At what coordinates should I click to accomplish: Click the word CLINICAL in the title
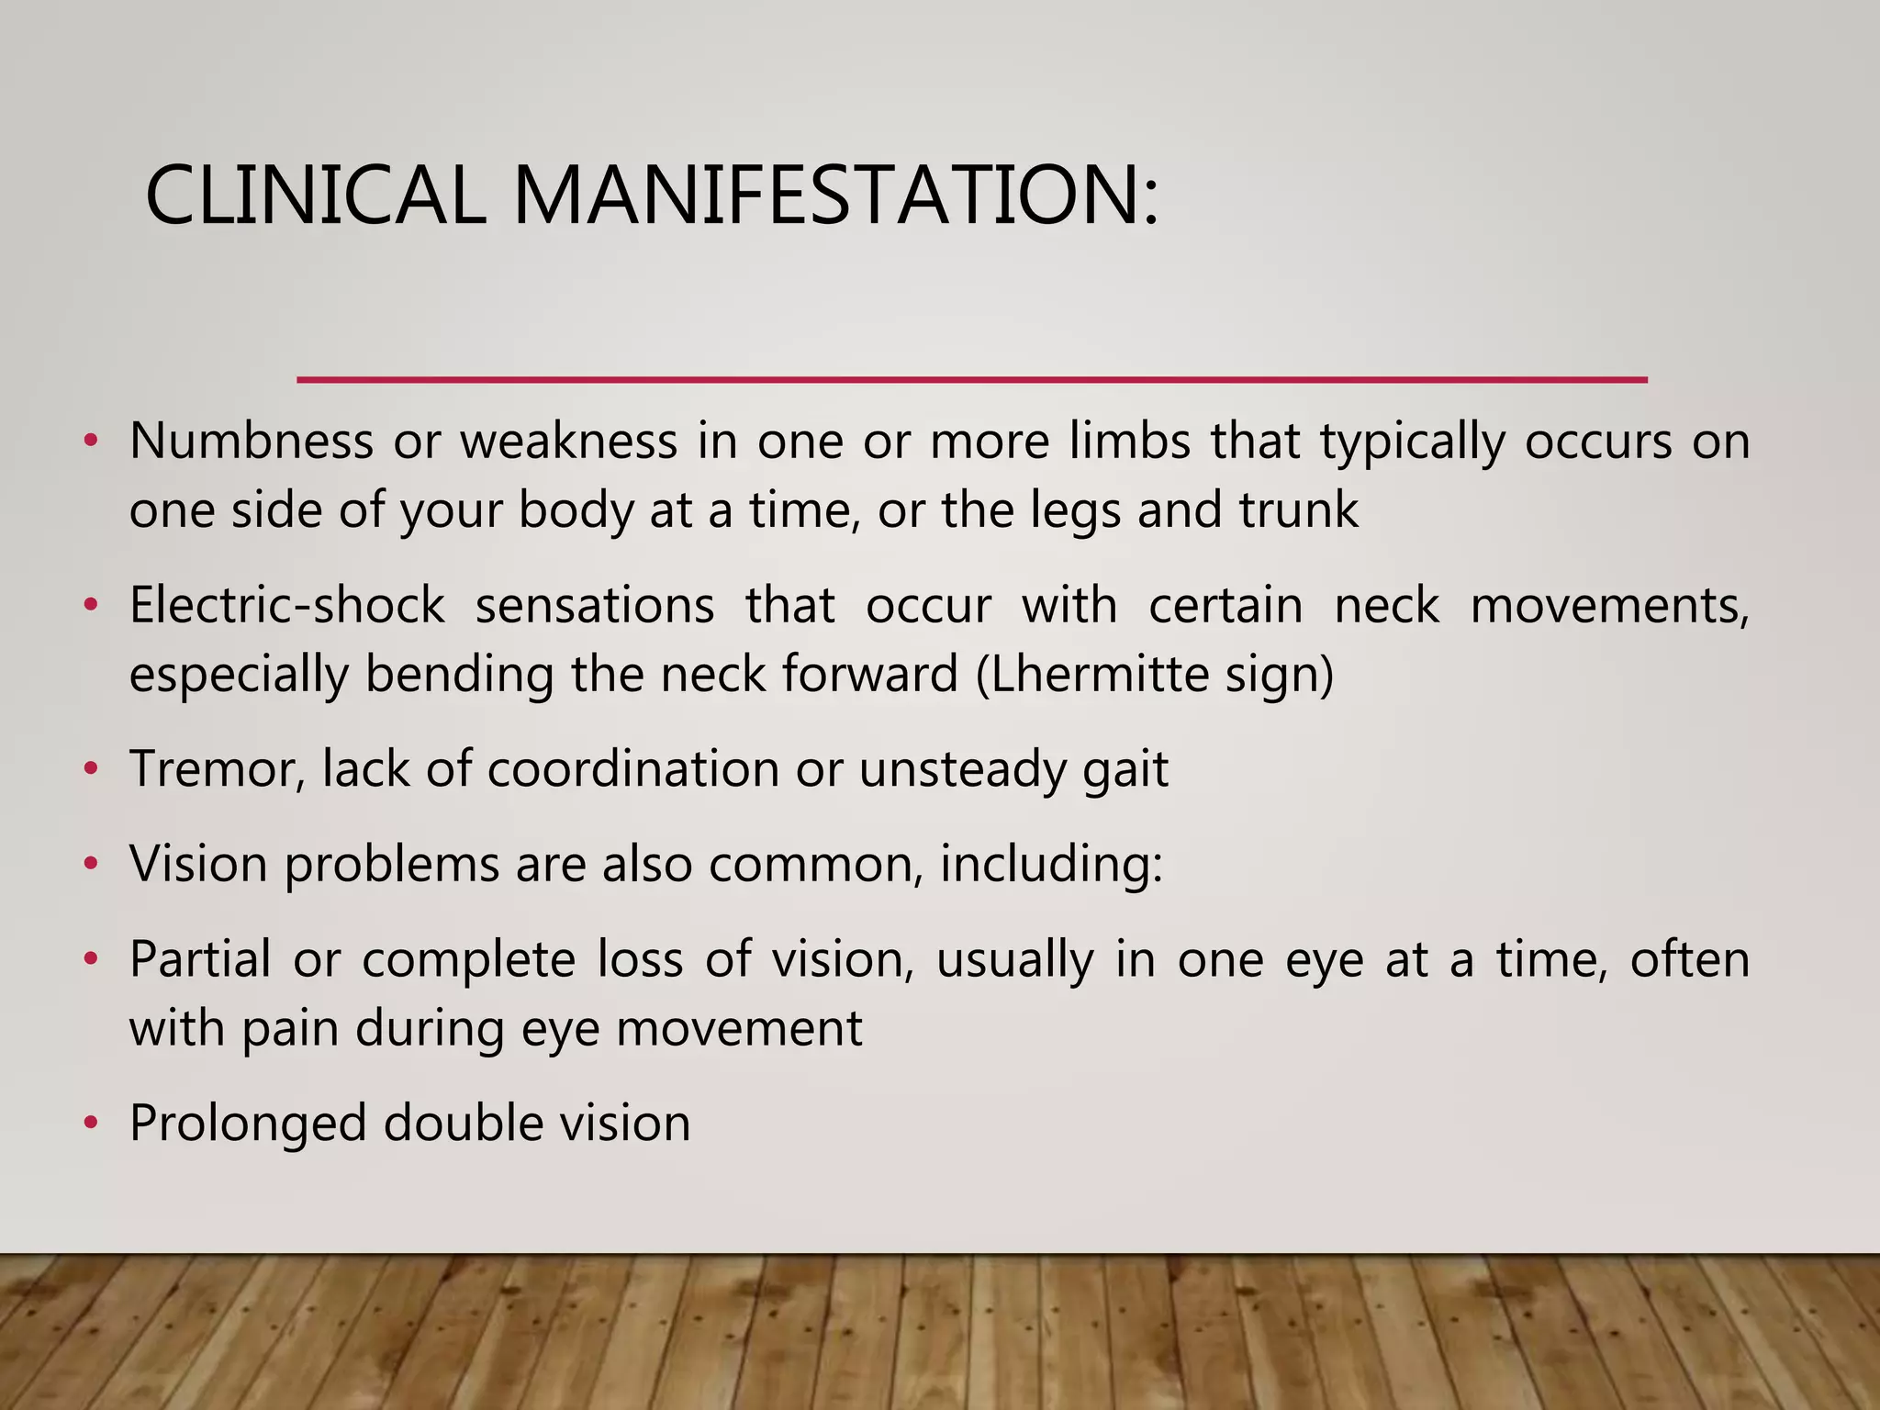click(x=315, y=196)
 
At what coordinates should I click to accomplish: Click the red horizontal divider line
click(x=971, y=379)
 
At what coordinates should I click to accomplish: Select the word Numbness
click(x=251, y=441)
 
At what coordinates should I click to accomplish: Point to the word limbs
click(x=1129, y=441)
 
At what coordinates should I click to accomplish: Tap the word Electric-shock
click(x=286, y=606)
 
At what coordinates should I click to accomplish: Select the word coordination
click(x=632, y=769)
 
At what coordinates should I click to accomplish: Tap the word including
click(x=1050, y=865)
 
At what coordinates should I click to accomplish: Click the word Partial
click(x=200, y=960)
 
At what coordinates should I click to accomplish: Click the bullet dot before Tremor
click(x=90, y=768)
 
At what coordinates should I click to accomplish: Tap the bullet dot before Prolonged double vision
click(x=90, y=1123)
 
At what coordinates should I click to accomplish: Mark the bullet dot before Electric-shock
click(x=90, y=606)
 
